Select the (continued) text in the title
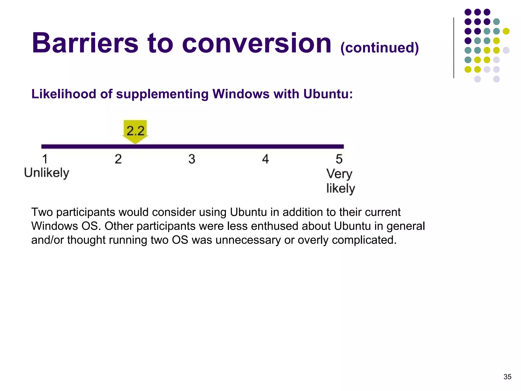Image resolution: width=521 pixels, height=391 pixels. [x=379, y=48]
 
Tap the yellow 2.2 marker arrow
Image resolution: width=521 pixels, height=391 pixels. [x=135, y=131]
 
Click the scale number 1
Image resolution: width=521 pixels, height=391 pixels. [x=45, y=159]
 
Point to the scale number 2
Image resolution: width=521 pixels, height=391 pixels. [x=118, y=159]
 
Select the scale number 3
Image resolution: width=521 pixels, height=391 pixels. [x=192, y=159]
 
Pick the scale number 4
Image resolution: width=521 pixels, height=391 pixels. [x=265, y=159]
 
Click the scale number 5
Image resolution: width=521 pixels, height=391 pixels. [x=339, y=159]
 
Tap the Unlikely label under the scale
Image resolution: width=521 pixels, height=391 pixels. [x=47, y=173]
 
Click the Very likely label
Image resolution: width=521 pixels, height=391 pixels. [x=340, y=181]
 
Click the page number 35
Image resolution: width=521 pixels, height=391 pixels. [x=507, y=377]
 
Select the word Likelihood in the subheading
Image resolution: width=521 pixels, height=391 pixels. [x=64, y=94]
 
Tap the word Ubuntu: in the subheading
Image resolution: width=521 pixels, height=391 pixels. [x=328, y=94]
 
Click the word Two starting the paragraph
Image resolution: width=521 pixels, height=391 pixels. [x=42, y=212]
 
